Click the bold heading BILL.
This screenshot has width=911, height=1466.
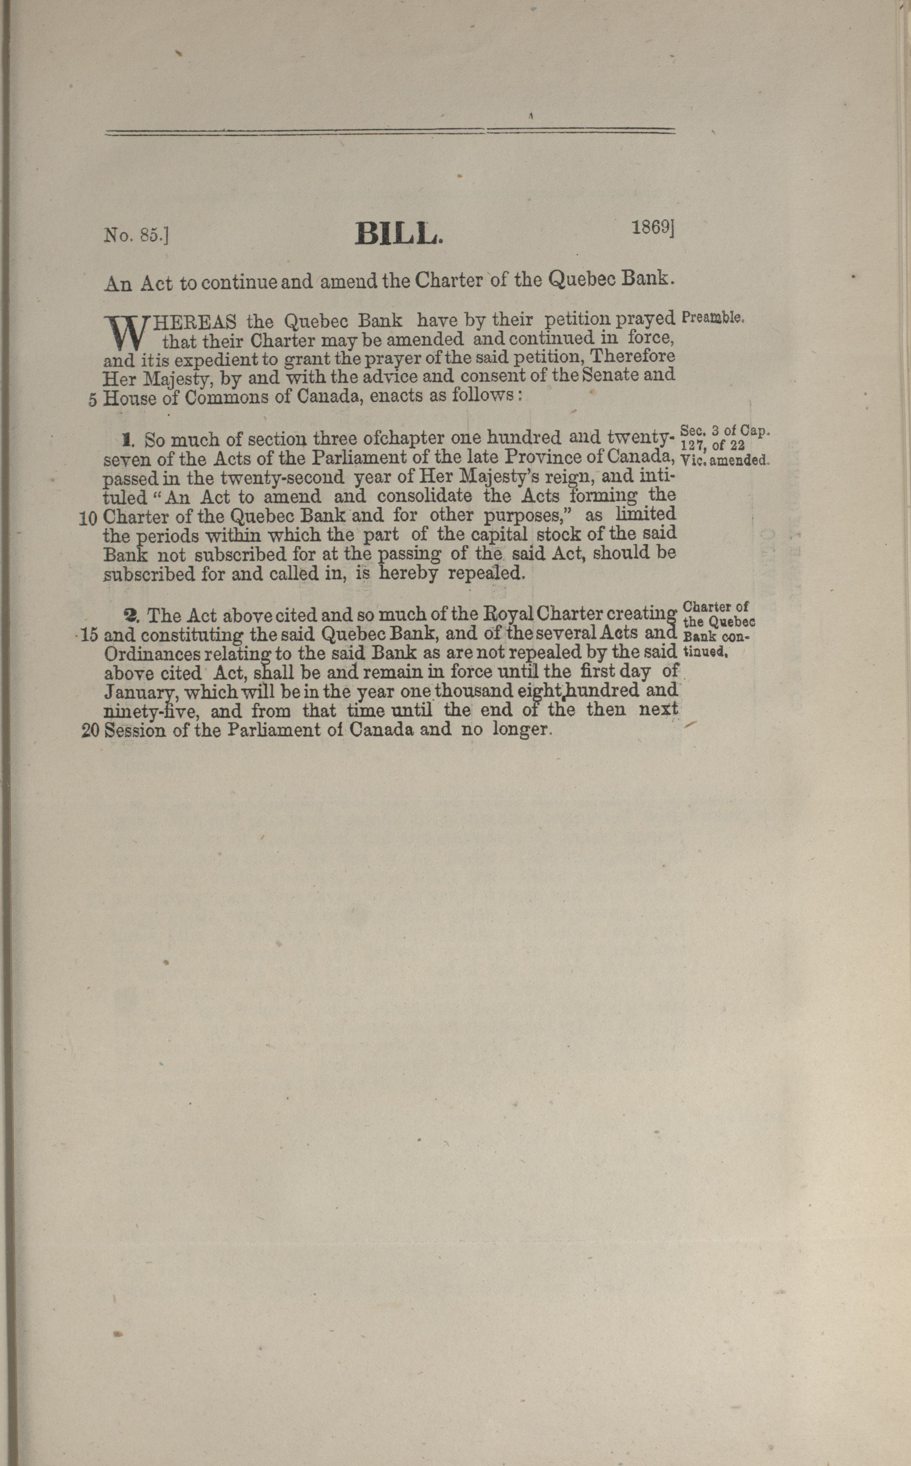click(x=399, y=234)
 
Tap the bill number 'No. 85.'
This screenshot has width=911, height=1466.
click(x=136, y=235)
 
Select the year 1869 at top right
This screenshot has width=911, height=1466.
click(x=652, y=228)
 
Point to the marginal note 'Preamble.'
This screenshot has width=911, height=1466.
click(x=714, y=318)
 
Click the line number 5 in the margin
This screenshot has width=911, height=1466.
click(x=93, y=400)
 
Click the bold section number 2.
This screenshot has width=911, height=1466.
click(x=131, y=615)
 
